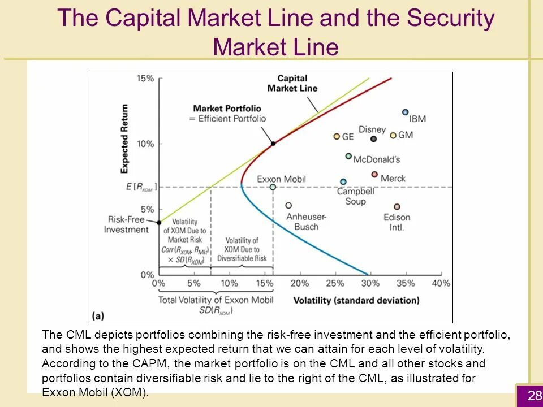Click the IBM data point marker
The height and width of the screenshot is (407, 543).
pyautogui.click(x=405, y=112)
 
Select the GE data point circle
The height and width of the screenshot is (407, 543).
pyautogui.click(x=337, y=136)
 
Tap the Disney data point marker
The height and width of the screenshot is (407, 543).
pyautogui.click(x=373, y=139)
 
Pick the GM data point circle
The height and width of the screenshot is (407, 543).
pyautogui.click(x=393, y=135)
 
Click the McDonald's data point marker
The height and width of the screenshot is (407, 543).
pyautogui.click(x=348, y=156)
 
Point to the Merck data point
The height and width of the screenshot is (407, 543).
pyautogui.click(x=374, y=175)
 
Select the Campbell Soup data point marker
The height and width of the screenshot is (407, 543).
pyautogui.click(x=343, y=181)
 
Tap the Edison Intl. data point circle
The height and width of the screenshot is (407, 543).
pyautogui.click(x=397, y=207)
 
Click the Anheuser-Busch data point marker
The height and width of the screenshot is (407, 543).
pyautogui.click(x=288, y=206)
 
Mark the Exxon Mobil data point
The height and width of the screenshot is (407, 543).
pyautogui.click(x=273, y=187)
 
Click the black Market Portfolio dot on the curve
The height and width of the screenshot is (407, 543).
pyautogui.click(x=273, y=144)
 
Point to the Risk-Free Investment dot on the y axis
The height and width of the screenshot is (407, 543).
pyautogui.click(x=159, y=222)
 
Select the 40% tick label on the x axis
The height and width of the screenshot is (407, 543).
pyautogui.click(x=441, y=283)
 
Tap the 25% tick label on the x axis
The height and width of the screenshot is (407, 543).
pyautogui.click(x=335, y=283)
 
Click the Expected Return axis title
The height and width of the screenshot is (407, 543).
pyautogui.click(x=125, y=138)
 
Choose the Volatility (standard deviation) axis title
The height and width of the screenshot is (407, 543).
pyautogui.click(x=356, y=300)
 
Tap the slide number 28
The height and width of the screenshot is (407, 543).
pyautogui.click(x=535, y=396)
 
